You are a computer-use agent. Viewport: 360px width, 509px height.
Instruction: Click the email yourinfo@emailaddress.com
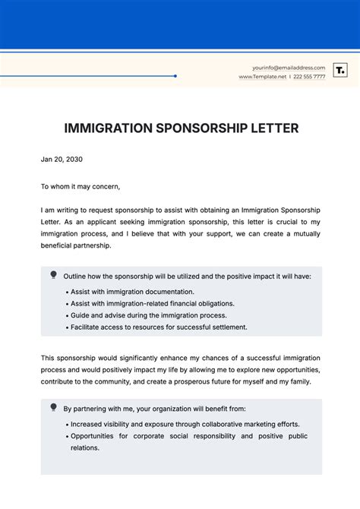click(288, 68)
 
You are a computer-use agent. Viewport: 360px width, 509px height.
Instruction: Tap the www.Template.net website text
click(262, 77)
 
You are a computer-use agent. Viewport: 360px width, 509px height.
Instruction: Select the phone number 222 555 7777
click(309, 77)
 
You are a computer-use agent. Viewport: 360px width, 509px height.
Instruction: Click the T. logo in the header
click(340, 71)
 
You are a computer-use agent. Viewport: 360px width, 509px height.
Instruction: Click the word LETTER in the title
click(273, 128)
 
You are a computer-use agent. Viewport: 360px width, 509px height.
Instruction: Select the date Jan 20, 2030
click(62, 160)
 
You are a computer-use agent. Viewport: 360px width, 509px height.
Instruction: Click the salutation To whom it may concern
click(81, 186)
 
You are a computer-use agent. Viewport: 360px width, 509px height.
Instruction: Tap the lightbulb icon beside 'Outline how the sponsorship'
click(53, 274)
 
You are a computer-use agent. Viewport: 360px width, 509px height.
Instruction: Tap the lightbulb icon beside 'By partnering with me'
click(53, 407)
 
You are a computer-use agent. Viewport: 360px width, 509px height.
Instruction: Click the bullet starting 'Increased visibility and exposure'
click(182, 424)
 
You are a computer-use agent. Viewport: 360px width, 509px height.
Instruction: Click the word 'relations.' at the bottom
click(85, 447)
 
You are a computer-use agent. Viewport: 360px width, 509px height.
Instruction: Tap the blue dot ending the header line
click(175, 76)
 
